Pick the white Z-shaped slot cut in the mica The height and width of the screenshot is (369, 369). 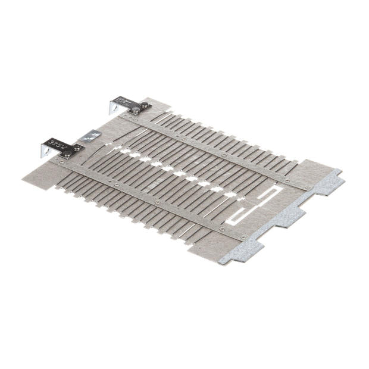point(256,202)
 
